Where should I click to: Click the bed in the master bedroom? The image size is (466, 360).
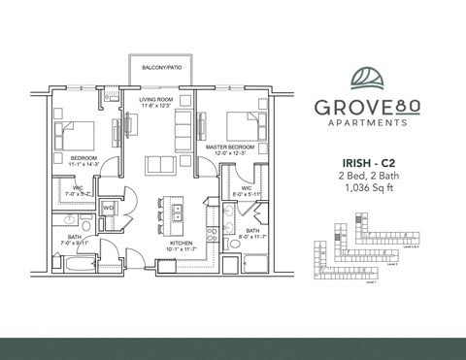coord(242,127)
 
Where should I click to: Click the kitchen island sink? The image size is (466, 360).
coord(178,210)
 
